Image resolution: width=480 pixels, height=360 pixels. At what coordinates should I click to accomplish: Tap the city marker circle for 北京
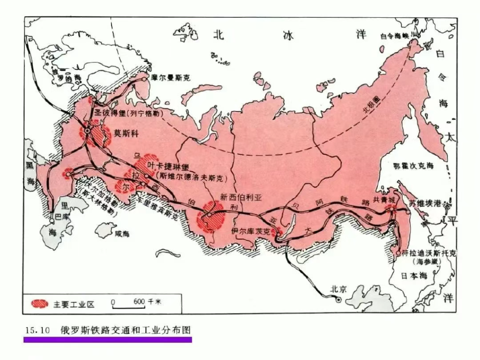click(x=338, y=299)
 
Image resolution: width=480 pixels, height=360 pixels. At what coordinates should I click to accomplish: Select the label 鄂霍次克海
click(x=413, y=165)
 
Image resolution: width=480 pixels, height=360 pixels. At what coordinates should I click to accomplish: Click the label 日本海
click(x=415, y=276)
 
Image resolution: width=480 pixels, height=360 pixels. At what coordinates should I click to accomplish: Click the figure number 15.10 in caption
click(x=37, y=330)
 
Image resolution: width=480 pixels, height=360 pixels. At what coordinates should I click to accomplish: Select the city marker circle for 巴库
click(x=52, y=219)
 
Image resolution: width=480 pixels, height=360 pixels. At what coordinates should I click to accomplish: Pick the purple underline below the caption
click(x=107, y=339)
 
